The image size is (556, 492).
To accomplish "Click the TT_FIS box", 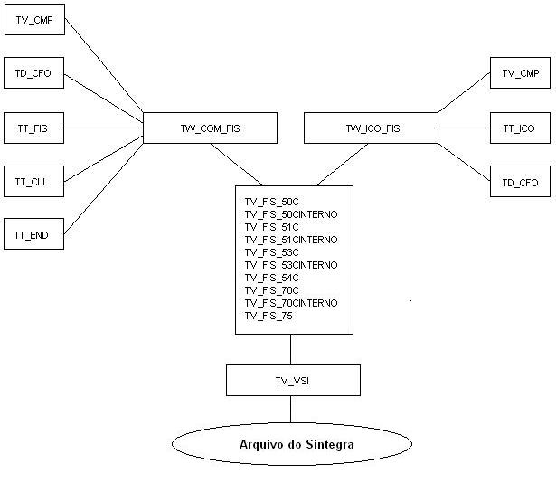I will [33, 128].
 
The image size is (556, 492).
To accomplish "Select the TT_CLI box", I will [33, 181].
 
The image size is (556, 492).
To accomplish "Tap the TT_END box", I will [33, 234].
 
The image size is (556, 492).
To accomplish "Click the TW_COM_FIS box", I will [209, 128].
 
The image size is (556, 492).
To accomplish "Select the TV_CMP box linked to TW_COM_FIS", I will [33, 21].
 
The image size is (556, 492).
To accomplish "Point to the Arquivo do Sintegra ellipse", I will [291, 444].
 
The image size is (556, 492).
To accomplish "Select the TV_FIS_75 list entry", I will [269, 316].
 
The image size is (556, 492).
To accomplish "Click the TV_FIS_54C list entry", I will [272, 278].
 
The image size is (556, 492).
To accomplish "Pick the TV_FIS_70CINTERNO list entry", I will [291, 303].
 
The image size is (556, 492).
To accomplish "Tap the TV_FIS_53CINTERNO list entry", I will [291, 265].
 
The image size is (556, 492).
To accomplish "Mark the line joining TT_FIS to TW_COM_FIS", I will [104, 128].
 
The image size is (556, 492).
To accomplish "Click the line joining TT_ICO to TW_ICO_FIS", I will [464, 128].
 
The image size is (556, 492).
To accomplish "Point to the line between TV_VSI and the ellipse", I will [291, 409].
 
